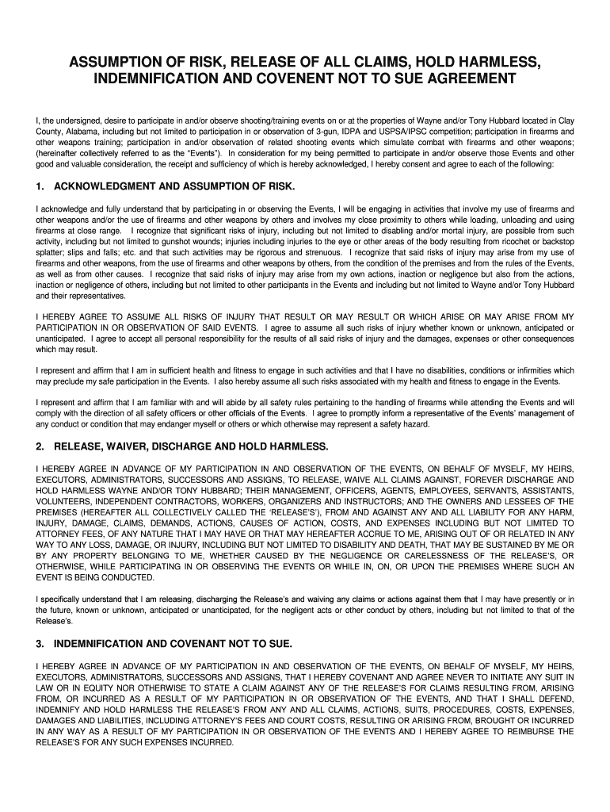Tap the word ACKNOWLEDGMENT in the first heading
106,186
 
